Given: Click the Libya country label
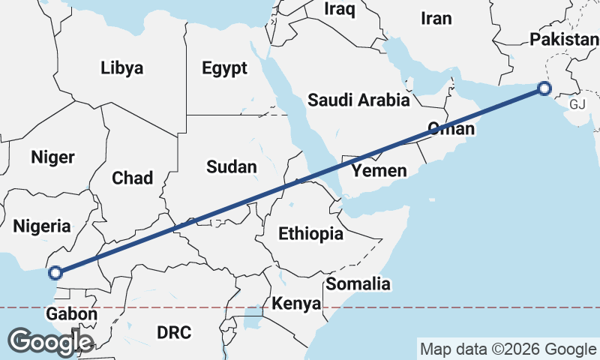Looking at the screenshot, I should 121,68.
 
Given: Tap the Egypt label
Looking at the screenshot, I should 224,69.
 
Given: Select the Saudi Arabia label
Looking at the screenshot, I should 358,100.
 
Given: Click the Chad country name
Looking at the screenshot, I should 132,178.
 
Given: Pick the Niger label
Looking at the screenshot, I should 52,157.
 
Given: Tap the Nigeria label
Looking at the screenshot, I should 42,226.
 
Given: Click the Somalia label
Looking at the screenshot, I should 358,283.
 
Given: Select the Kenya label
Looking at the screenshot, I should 296,304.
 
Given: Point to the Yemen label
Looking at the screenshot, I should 380,171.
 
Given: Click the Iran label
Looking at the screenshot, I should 436,19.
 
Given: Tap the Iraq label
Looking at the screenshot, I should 340,9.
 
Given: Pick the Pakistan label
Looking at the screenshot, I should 563,39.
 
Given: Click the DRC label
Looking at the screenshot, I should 174,331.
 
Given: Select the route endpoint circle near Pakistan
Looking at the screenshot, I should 544,90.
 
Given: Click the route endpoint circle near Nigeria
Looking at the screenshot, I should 55,272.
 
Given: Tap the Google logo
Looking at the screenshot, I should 50,341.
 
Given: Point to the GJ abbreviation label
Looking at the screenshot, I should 577,104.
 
